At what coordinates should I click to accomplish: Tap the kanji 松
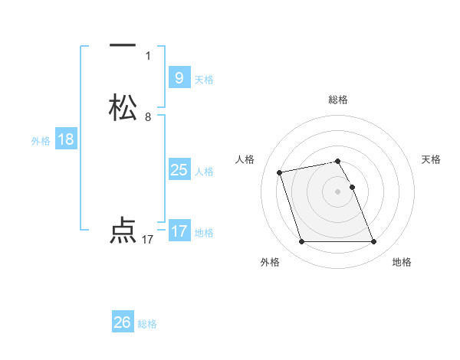(x=123, y=107)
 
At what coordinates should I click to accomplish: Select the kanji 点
(x=123, y=231)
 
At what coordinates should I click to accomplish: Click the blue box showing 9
(x=179, y=77)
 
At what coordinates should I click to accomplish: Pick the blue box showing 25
(x=179, y=170)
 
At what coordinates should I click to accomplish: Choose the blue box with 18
(x=65, y=139)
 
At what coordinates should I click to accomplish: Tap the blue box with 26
(x=123, y=322)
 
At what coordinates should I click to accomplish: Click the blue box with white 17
(x=179, y=231)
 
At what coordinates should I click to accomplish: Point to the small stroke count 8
(x=148, y=117)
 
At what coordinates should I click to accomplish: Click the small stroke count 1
(x=148, y=56)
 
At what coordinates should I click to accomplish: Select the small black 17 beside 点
(x=148, y=240)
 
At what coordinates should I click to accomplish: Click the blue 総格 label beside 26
(x=147, y=324)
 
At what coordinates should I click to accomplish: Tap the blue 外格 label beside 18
(x=41, y=141)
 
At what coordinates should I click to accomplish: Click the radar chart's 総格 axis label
(x=338, y=100)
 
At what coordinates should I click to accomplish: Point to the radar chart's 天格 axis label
(x=431, y=159)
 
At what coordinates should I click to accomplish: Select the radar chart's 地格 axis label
(x=402, y=262)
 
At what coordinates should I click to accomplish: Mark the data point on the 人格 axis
(x=280, y=172)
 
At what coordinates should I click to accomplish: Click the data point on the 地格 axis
(x=374, y=242)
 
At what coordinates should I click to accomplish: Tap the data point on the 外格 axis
(x=301, y=242)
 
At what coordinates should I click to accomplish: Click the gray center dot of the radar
(x=338, y=191)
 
